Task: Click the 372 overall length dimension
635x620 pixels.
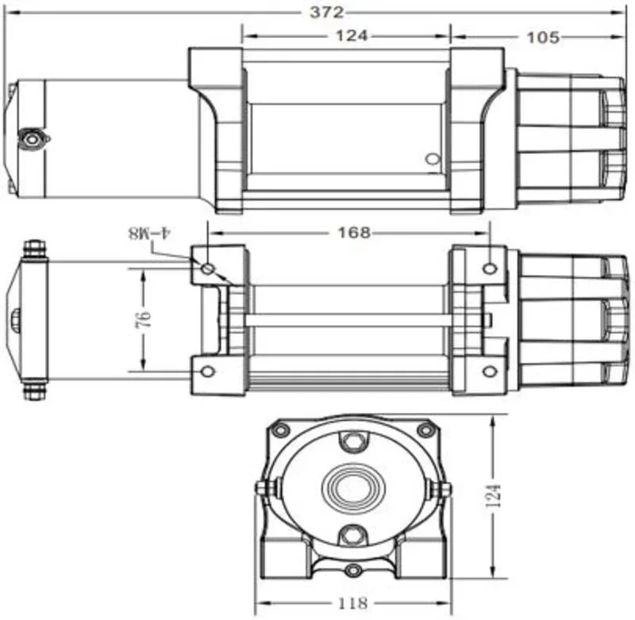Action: click(x=327, y=13)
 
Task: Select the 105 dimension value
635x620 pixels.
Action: click(x=543, y=37)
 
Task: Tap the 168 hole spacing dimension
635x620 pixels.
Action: click(x=354, y=232)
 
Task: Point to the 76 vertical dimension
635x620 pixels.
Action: click(x=144, y=320)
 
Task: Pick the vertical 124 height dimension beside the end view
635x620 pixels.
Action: click(x=494, y=496)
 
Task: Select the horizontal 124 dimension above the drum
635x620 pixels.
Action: click(x=352, y=36)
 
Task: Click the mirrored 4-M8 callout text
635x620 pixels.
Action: click(x=150, y=233)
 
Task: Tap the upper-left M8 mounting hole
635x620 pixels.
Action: click(x=208, y=268)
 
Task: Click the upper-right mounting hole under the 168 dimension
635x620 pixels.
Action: click(x=490, y=268)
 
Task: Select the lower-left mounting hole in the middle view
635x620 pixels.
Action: click(x=207, y=371)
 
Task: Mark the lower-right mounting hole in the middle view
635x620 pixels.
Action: click(x=490, y=371)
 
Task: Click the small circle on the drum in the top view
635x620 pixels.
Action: click(x=433, y=159)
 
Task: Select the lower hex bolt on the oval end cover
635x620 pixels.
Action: click(x=352, y=536)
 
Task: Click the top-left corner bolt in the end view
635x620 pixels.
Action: click(x=280, y=430)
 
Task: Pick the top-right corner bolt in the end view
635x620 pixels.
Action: click(x=425, y=430)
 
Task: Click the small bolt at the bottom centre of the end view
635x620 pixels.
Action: click(x=353, y=570)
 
